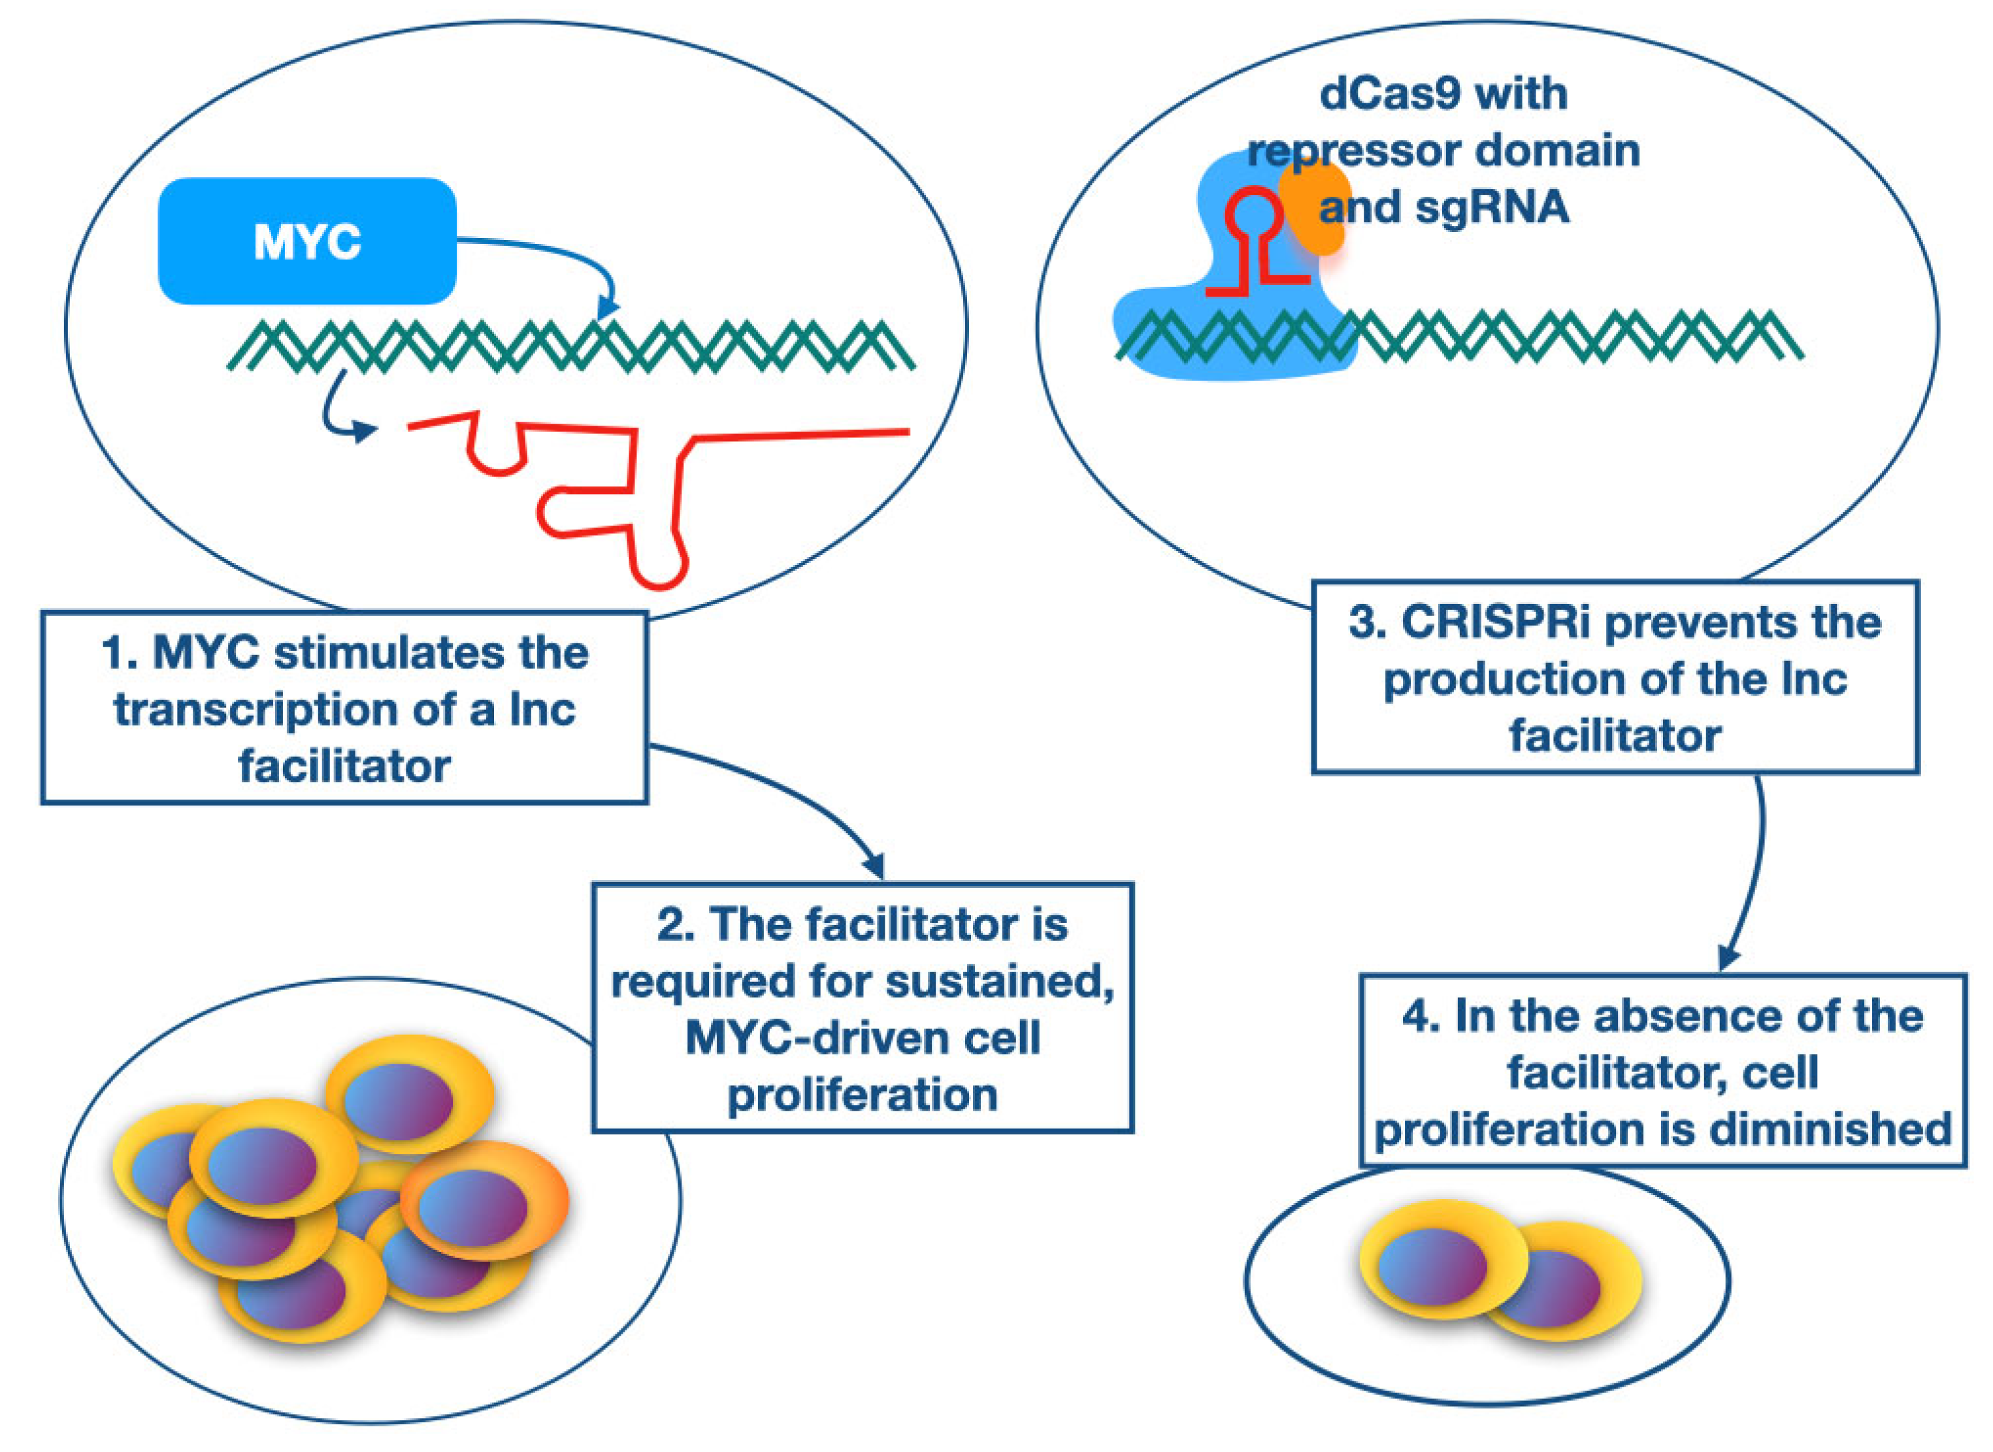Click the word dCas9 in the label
[1379, 94]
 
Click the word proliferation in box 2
[862, 1095]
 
